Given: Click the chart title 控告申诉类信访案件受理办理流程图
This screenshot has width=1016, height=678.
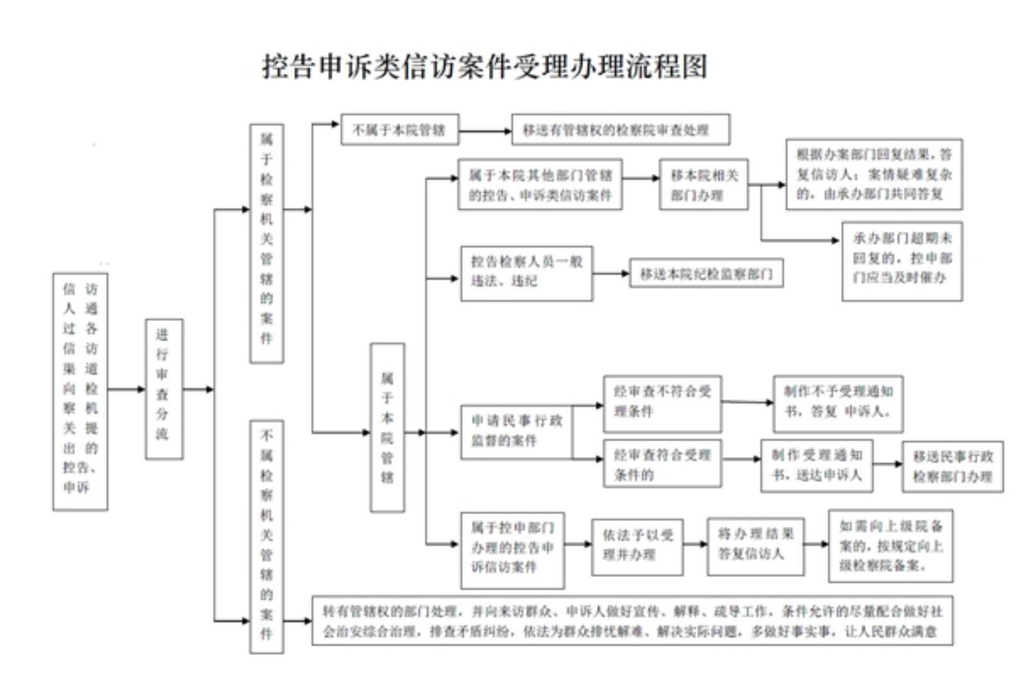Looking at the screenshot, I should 484,67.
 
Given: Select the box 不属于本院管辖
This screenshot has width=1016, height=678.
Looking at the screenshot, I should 400,130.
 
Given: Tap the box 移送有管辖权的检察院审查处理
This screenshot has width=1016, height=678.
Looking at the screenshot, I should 620,130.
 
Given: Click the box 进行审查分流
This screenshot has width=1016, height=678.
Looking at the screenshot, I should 164,389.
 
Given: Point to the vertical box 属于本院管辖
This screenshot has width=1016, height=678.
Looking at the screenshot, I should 387,427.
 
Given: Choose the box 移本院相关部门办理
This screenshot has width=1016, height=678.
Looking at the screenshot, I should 703,185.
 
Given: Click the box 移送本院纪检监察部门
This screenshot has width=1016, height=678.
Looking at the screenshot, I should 706,274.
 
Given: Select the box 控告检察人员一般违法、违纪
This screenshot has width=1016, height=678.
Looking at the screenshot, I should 526,273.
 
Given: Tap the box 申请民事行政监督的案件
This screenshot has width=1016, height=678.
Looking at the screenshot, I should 516,432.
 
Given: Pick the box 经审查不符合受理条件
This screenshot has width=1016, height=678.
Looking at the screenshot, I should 662,404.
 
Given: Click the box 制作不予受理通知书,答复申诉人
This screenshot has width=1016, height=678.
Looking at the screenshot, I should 838,404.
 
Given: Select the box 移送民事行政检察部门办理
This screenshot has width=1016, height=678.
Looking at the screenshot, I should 952,466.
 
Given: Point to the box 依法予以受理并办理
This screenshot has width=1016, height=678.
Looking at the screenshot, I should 637,546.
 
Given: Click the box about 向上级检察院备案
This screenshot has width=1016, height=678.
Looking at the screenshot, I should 891,546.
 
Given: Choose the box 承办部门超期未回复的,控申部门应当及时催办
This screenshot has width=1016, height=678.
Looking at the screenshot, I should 902,261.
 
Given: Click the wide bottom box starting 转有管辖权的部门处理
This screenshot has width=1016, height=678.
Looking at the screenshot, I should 632,620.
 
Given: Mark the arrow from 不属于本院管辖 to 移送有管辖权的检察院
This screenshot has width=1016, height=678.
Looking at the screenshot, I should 485,131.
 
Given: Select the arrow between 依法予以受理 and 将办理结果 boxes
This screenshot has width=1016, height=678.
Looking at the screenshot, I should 695,544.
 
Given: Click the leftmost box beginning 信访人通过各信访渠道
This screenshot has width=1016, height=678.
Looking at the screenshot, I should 80,391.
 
